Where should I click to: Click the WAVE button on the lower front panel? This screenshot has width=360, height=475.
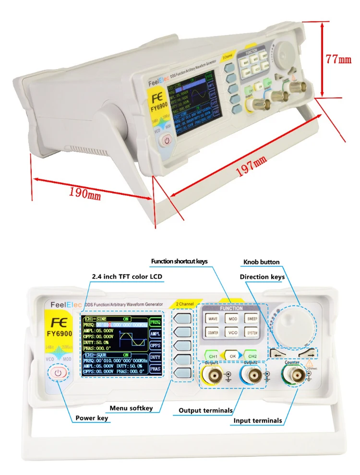click(x=213, y=318)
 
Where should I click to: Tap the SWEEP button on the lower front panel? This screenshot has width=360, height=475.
click(x=252, y=318)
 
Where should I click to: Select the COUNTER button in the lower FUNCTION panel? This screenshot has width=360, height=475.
click(x=213, y=332)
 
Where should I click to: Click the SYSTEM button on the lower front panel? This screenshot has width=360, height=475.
click(x=252, y=332)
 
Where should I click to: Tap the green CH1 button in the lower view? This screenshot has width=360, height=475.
click(x=214, y=356)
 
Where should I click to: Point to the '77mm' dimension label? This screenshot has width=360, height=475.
click(x=339, y=59)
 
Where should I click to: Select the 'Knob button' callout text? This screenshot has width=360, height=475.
click(x=261, y=262)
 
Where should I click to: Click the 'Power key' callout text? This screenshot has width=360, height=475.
click(x=92, y=418)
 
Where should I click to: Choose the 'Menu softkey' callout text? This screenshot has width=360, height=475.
click(x=131, y=408)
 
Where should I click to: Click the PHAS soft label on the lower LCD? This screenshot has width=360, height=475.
click(x=155, y=369)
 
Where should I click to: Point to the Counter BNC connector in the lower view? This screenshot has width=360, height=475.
click(x=293, y=376)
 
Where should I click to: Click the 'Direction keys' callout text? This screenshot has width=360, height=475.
click(x=262, y=277)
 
